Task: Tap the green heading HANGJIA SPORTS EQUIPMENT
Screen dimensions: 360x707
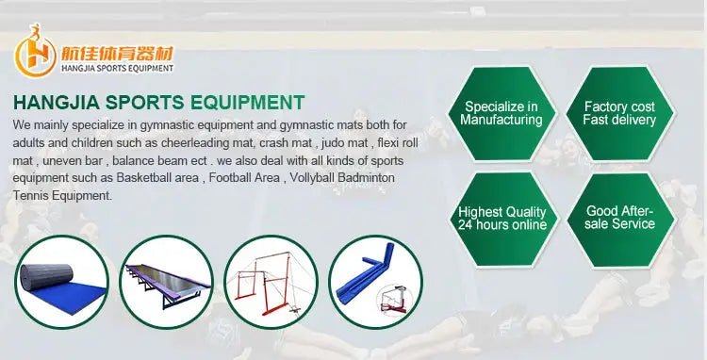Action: click(x=158, y=103)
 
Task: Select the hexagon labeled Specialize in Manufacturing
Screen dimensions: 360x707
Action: click(x=501, y=113)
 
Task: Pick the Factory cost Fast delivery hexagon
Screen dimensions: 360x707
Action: click(x=619, y=113)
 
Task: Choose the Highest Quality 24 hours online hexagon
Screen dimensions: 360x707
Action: click(x=501, y=218)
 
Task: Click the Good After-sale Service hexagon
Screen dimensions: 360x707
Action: click(x=619, y=218)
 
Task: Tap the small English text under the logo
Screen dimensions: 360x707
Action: click(x=116, y=67)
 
